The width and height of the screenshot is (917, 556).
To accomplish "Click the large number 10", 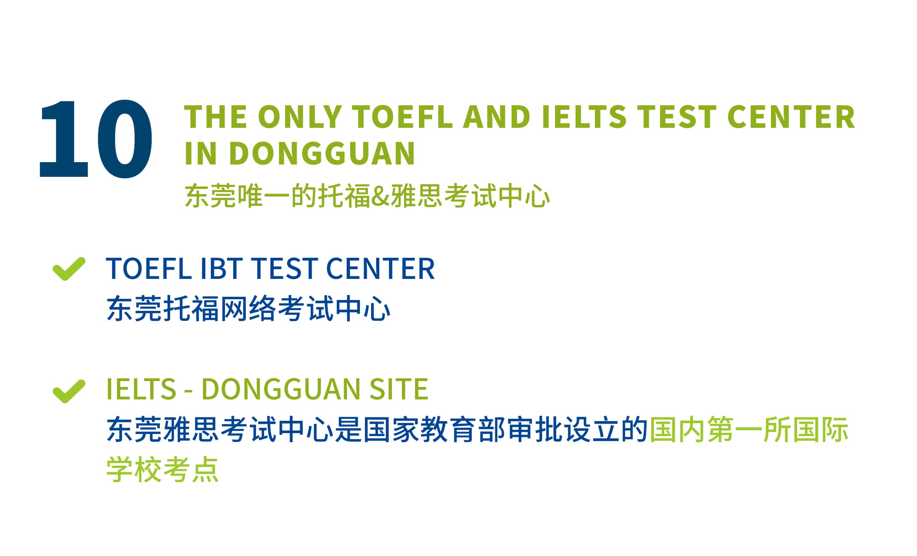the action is click(96, 139).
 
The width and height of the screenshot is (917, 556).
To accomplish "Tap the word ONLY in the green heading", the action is click(300, 117).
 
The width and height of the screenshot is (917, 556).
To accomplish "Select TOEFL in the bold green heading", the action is click(402, 117).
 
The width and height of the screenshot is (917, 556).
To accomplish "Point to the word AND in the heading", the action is click(496, 117).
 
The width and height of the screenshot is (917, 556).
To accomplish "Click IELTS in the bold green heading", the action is click(584, 117).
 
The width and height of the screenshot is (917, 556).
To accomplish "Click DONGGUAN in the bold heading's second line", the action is click(322, 153).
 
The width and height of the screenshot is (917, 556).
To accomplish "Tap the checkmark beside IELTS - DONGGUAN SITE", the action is click(69, 391).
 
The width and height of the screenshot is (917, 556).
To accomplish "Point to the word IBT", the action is click(222, 269).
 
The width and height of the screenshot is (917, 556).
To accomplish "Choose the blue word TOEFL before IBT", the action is click(149, 269).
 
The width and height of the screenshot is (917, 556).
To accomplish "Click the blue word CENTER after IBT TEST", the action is click(380, 269).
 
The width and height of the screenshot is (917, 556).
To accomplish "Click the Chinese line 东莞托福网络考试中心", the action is click(248, 308).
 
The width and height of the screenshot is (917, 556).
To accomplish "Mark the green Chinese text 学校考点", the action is click(162, 469).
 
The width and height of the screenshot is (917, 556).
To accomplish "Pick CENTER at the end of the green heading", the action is click(791, 117).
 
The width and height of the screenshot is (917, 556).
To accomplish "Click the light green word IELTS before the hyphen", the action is click(141, 389).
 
